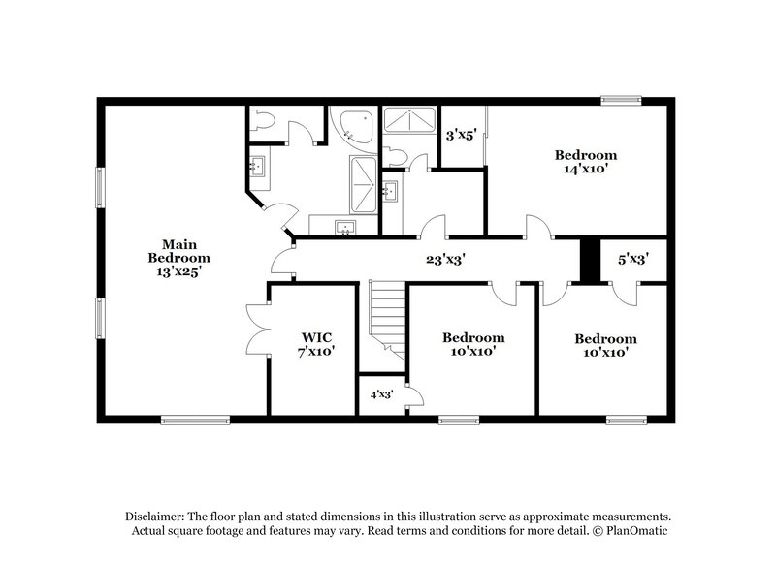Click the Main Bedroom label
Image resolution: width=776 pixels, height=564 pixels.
178,251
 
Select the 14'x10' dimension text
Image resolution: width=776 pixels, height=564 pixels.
586,169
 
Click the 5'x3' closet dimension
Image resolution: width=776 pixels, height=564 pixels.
633,260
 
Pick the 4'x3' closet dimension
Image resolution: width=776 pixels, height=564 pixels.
381,395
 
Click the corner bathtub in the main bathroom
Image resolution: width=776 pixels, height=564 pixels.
346,125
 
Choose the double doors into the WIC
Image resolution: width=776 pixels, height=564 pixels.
256,329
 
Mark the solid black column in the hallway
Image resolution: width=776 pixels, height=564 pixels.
587,260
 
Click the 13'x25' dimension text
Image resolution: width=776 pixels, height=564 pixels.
178,272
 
